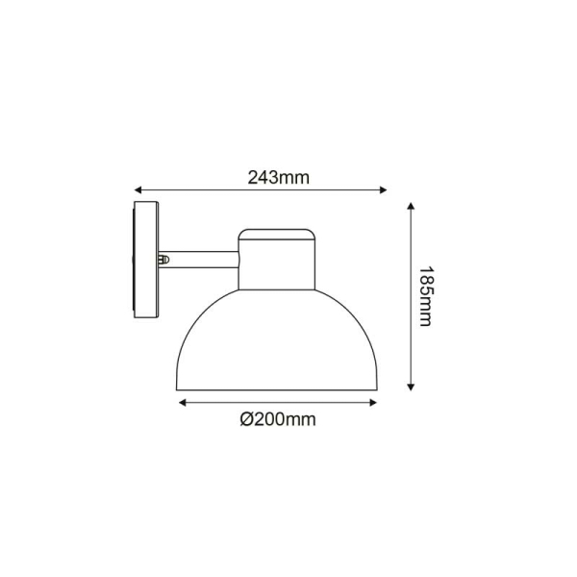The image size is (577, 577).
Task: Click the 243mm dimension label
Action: tap(279, 178)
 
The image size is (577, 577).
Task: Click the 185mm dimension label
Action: tap(427, 296)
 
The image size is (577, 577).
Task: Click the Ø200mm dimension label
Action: tap(278, 419)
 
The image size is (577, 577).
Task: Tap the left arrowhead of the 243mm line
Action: tap(138, 189)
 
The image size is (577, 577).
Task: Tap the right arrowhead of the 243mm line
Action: tap(384, 189)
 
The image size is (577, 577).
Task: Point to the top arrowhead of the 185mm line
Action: tap(411, 206)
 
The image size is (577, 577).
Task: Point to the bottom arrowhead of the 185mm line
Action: tap(411, 387)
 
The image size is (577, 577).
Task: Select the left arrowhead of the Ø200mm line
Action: tap(182, 403)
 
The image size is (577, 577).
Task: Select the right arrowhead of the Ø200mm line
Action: tap(373, 403)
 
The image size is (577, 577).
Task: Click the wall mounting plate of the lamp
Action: tap(146, 260)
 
